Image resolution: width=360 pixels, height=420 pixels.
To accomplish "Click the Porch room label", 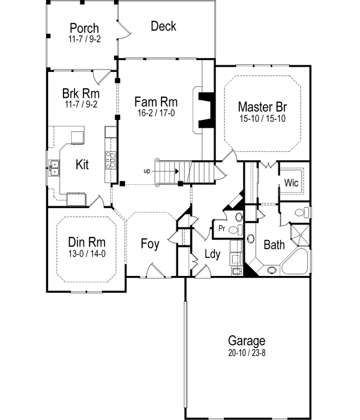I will click(83, 28).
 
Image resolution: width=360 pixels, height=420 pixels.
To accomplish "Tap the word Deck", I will click(163, 26).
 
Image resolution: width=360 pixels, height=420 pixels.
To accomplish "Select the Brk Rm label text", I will click(80, 94).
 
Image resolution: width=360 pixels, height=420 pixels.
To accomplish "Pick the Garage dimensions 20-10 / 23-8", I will click(246, 352).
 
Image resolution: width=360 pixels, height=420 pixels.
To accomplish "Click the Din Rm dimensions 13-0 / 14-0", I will click(86, 253).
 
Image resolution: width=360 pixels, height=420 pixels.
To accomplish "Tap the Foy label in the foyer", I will click(150, 244).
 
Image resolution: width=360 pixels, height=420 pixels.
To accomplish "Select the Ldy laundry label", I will click(212, 254).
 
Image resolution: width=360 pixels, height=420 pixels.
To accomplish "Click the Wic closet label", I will click(292, 182).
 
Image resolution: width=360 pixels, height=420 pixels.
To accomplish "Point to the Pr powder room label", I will click(221, 229).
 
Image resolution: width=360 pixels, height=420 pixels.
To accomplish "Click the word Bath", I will click(274, 244).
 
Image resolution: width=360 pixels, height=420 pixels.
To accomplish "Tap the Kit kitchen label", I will click(83, 164).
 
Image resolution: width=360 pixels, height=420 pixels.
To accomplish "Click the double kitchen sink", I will click(54, 167).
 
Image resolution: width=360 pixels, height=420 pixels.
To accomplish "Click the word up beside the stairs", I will click(146, 171).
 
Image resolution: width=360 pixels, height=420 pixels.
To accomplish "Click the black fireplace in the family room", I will click(206, 110).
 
